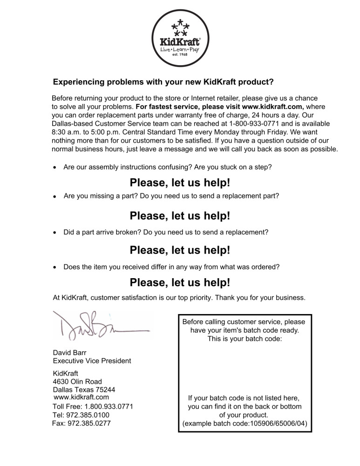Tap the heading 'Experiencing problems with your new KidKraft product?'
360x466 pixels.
pos(163,82)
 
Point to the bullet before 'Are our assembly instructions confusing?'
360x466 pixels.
pos(55,166)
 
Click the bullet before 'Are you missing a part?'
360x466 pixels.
pos(55,197)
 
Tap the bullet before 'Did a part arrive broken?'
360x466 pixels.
pos(55,232)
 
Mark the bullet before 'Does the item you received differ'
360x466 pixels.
pos(55,267)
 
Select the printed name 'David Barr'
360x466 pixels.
pos(70,353)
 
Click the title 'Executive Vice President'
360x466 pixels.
pos(92,361)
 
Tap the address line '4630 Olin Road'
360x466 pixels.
pos(77,382)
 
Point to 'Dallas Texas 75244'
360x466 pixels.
pos(84,390)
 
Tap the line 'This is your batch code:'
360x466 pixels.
pos(245,339)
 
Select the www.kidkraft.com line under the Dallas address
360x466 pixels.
pos(82,397)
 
